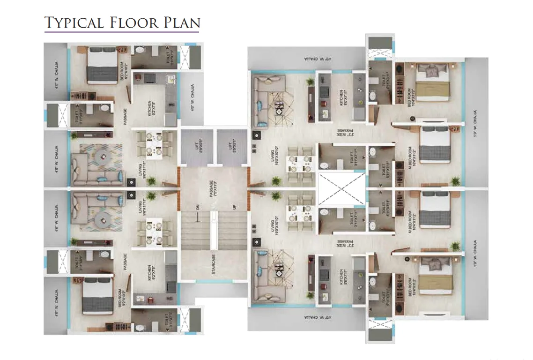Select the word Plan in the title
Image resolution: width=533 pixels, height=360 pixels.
181,22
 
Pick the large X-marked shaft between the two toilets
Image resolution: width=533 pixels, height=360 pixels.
341,188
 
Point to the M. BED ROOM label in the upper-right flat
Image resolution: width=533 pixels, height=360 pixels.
411,155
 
